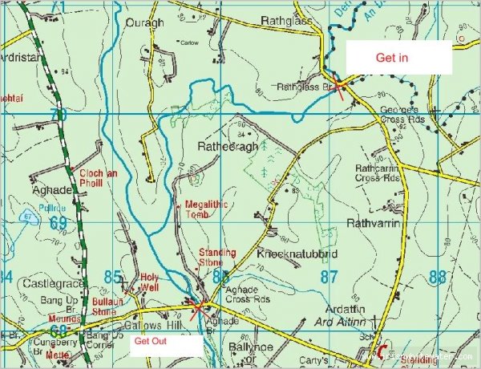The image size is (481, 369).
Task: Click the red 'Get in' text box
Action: coord(398,58)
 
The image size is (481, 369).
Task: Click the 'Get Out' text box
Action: coord(164,346)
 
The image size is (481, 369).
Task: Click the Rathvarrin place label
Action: coord(373,222)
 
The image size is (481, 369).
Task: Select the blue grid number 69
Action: coord(57,221)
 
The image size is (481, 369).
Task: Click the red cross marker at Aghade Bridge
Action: coord(197,306)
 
